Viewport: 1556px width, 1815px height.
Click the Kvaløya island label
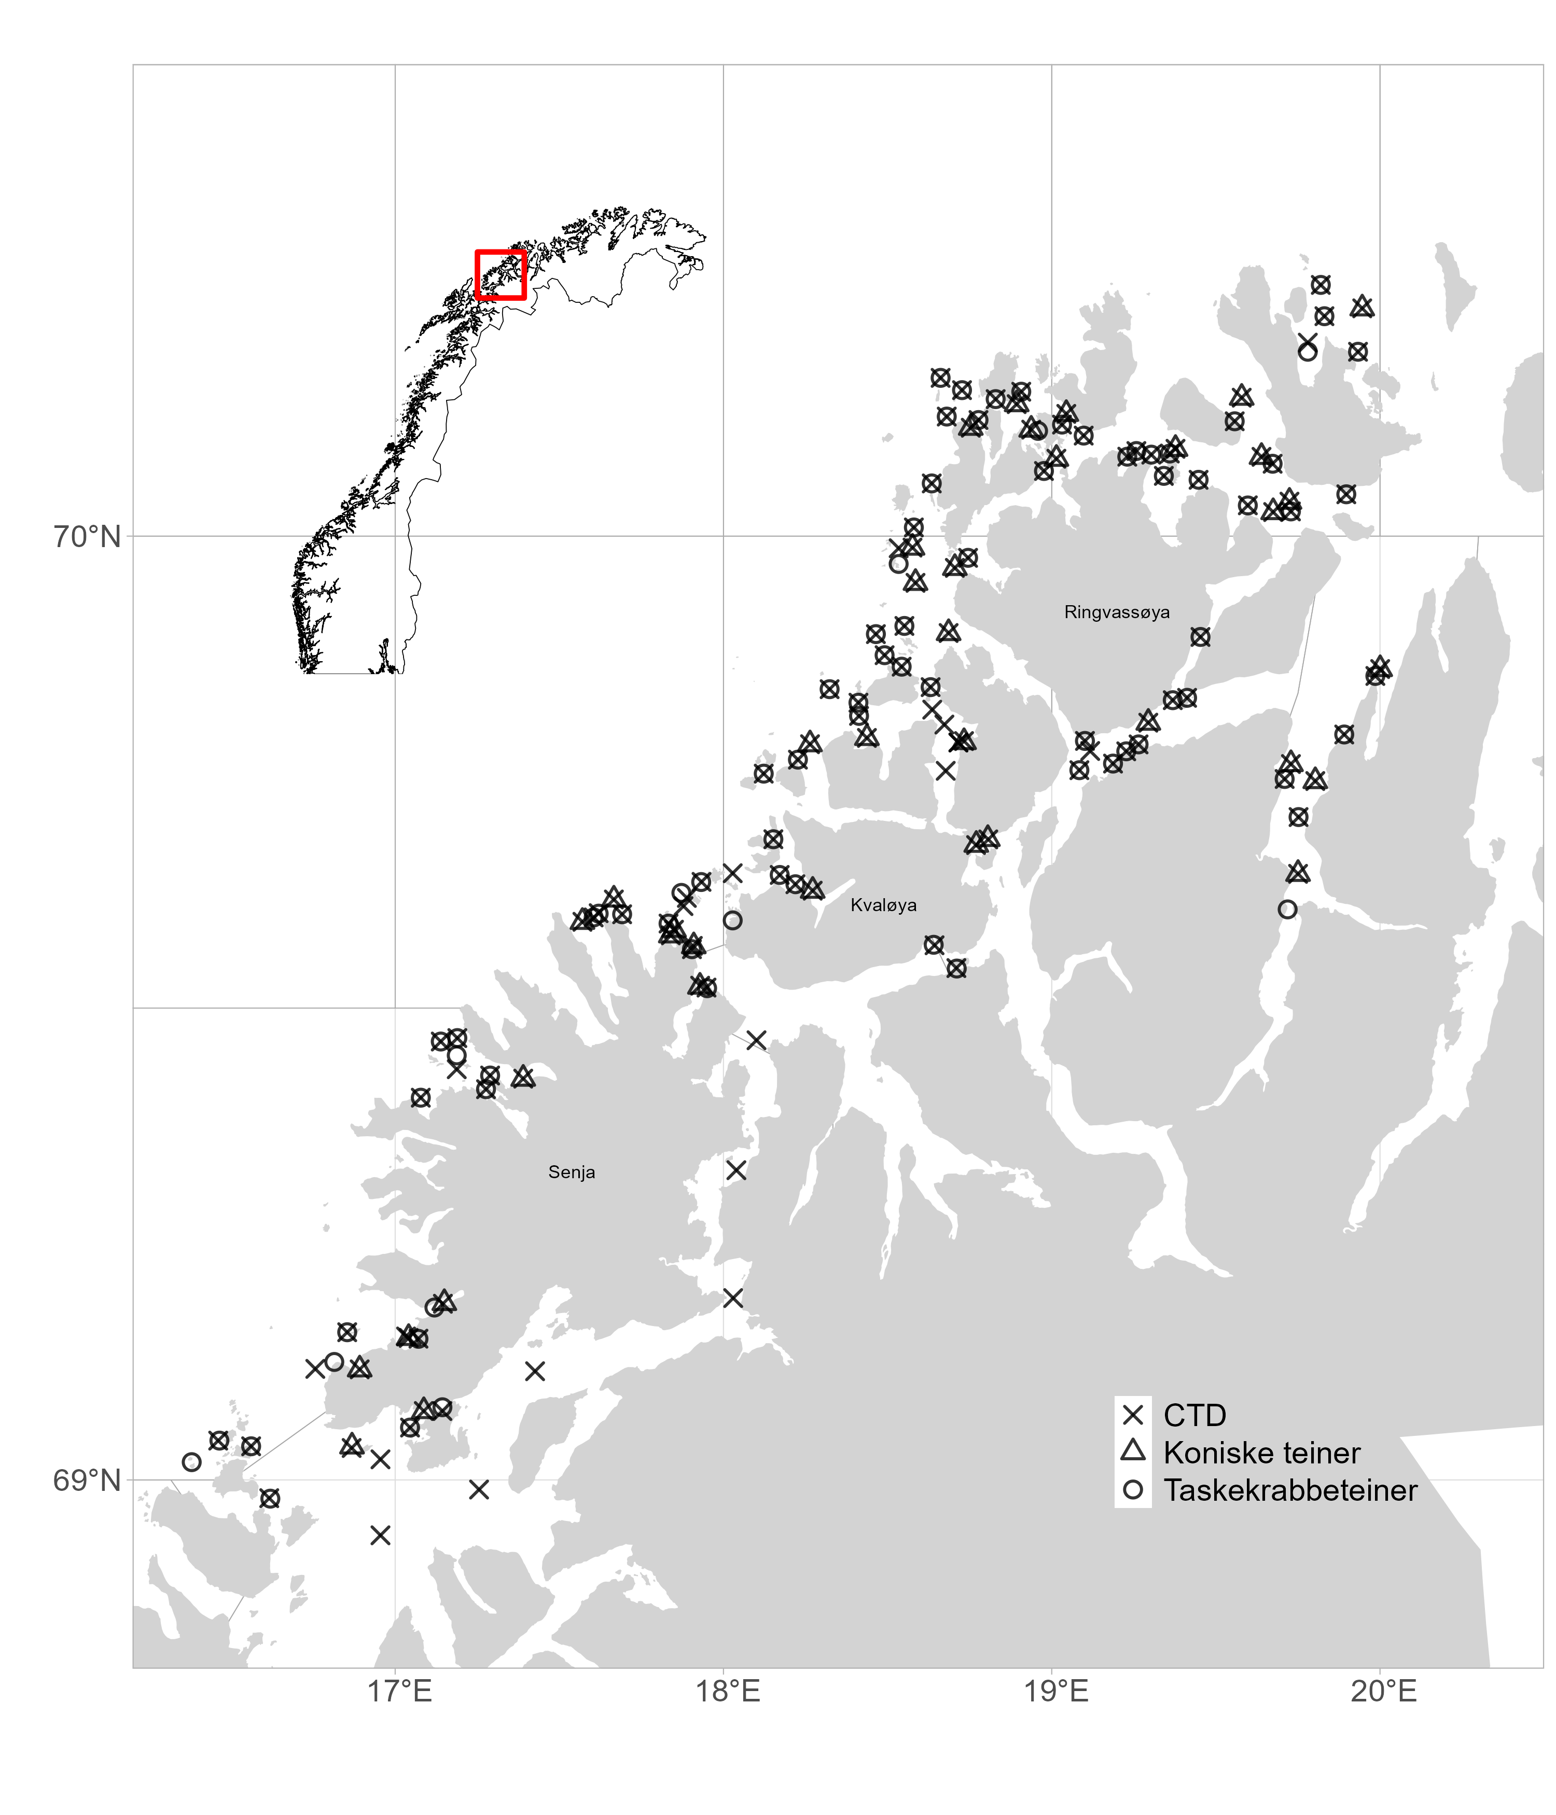(x=883, y=905)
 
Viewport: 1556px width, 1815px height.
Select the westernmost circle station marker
(x=192, y=1462)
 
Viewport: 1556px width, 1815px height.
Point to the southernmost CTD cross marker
(x=380, y=1534)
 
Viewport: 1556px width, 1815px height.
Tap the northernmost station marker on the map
(x=1321, y=285)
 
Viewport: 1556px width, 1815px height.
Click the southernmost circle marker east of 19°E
(x=1287, y=909)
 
